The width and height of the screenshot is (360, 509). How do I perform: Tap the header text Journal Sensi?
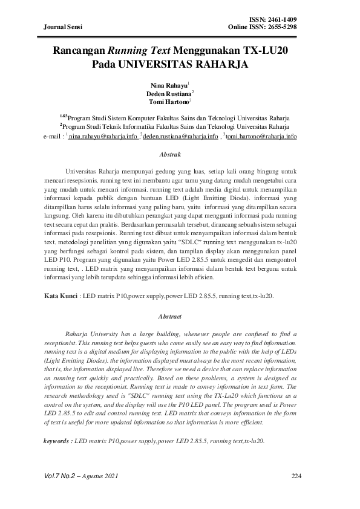pyautogui.click(x=63, y=27)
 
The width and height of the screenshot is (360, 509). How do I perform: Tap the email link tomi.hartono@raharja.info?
pyautogui.click(x=261, y=137)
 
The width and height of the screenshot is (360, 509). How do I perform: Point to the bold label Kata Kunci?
pyautogui.click(x=61, y=296)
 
